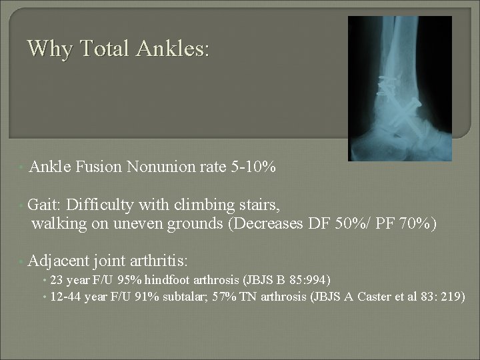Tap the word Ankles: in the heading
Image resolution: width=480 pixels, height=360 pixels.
coord(175,49)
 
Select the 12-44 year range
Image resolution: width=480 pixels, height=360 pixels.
coord(67,295)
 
